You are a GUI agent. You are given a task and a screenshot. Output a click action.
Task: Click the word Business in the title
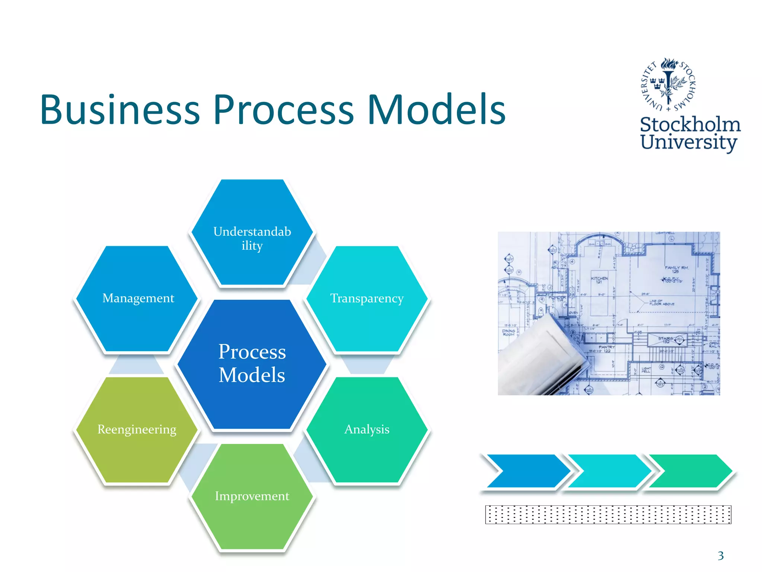(120, 109)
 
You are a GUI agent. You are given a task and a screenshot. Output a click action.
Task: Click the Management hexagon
(138, 298)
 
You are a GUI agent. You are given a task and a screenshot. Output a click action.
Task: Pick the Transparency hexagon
(367, 298)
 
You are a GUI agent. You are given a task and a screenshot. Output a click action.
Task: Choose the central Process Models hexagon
(252, 363)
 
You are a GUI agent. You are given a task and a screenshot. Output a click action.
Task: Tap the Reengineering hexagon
(137, 429)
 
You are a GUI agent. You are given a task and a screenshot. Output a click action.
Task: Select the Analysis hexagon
(367, 429)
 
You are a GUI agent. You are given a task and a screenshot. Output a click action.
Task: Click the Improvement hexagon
(252, 496)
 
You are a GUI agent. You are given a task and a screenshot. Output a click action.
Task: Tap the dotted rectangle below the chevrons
(608, 515)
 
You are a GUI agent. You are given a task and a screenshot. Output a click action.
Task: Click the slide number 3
(721, 556)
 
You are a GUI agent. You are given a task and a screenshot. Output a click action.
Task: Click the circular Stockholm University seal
(669, 85)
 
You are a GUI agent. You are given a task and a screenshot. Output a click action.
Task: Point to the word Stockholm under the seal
(690, 124)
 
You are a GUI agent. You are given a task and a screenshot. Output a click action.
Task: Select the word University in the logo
(688, 142)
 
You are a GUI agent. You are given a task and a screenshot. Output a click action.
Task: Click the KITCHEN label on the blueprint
(599, 280)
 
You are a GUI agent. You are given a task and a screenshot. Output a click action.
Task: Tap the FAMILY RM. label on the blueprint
(677, 269)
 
